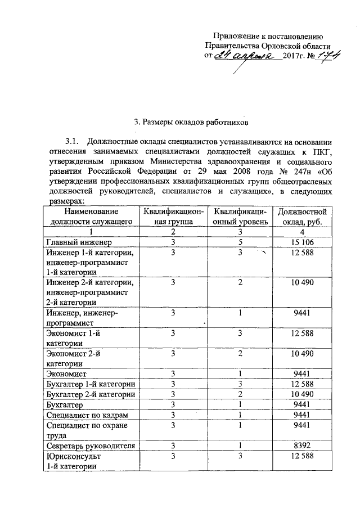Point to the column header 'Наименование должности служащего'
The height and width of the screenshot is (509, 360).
[91, 217]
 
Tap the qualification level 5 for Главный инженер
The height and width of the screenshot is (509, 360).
[240, 242]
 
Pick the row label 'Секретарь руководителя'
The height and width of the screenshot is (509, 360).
[91, 446]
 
